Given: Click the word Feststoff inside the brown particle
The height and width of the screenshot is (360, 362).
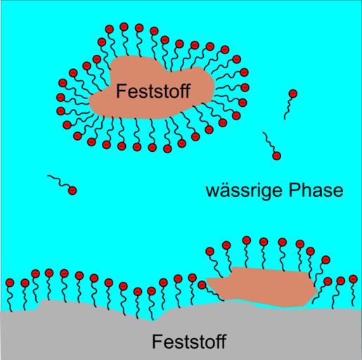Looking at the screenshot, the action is tap(153, 91).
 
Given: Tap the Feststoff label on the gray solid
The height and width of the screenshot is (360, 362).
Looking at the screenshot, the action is tap(189, 341).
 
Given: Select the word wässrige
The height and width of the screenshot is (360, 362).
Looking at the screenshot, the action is tap(244, 191).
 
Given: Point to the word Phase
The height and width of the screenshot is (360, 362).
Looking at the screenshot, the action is tap(316, 191).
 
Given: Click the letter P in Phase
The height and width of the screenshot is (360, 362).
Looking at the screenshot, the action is tap(293, 191).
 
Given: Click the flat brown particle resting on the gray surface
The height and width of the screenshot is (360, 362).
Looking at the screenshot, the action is tap(262, 287).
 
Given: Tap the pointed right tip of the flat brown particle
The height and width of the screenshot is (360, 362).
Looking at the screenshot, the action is tap(318, 291).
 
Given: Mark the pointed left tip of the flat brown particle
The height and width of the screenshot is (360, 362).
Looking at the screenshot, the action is tap(207, 279).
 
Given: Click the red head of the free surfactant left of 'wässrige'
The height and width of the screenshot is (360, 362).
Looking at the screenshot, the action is tap(72, 191).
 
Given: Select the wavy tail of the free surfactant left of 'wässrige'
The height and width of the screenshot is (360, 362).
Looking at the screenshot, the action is tap(58, 181).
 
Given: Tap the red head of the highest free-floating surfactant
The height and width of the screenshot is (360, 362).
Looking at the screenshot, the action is tap(293, 94).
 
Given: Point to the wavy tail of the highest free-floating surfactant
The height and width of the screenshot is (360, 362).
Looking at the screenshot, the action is tap(287, 108).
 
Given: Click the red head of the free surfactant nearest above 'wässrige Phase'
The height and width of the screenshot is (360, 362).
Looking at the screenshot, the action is tap(277, 155).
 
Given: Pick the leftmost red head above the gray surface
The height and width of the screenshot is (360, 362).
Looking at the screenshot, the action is tap(10, 283).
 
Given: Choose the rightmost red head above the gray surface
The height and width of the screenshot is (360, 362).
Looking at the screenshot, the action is tap(353, 279).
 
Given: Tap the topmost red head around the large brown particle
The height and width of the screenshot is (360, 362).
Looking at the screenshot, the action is tap(124, 27).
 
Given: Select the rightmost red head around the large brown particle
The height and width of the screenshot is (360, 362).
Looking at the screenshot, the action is tap(245, 87).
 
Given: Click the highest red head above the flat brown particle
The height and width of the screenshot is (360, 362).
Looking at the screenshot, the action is tap(247, 240).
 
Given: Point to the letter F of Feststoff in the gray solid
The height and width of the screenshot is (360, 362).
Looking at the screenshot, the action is tap(157, 341).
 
